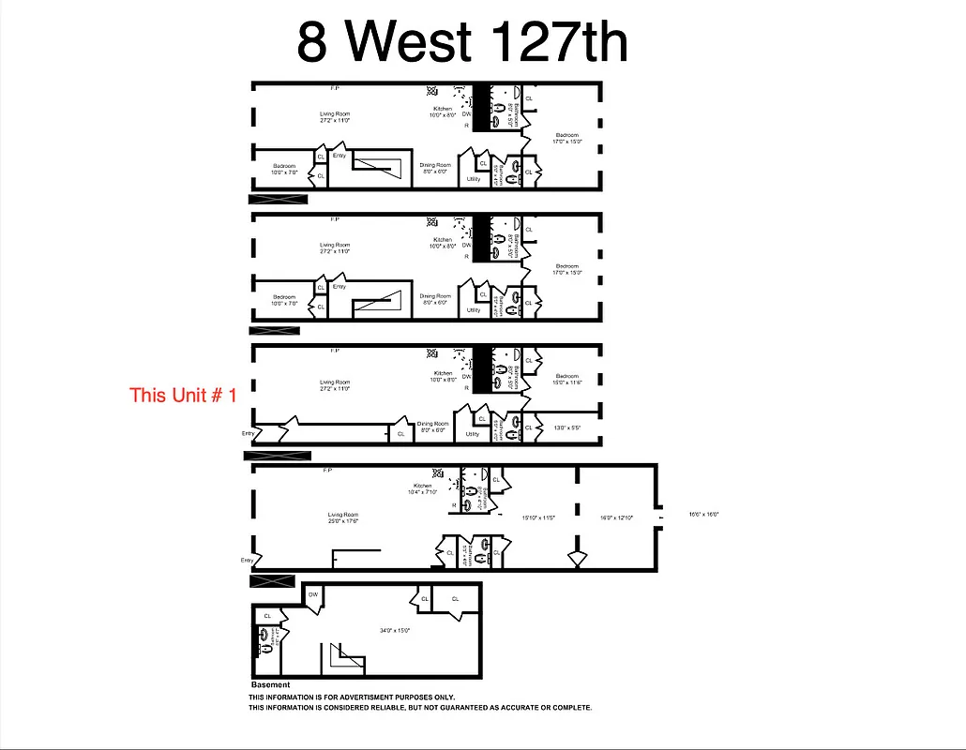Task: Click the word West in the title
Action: [x=406, y=41]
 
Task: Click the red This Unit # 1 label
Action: [x=183, y=395]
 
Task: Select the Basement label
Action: [x=271, y=685]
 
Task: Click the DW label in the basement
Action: [x=313, y=594]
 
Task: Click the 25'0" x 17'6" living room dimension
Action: [x=343, y=521]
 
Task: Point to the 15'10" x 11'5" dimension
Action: [x=539, y=517]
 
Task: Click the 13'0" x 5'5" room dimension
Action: [x=568, y=427]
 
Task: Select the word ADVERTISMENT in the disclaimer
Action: [x=380, y=697]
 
